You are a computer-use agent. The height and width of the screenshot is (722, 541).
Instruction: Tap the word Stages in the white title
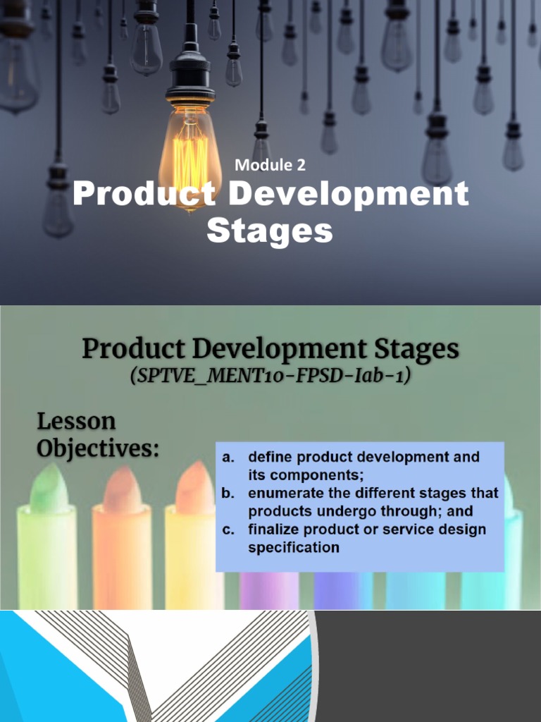tap(270, 230)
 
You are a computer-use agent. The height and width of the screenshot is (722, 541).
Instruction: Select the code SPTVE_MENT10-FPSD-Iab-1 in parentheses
tap(270, 376)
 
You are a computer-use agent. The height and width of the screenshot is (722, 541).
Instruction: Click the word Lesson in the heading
tap(76, 422)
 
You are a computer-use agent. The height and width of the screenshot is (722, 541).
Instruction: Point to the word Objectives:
tap(97, 448)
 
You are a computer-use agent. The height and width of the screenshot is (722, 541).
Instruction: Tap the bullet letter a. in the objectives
tap(228, 457)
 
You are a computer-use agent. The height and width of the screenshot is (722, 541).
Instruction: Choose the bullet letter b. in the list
tap(228, 494)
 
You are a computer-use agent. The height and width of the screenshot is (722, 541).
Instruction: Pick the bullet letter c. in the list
tap(228, 530)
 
